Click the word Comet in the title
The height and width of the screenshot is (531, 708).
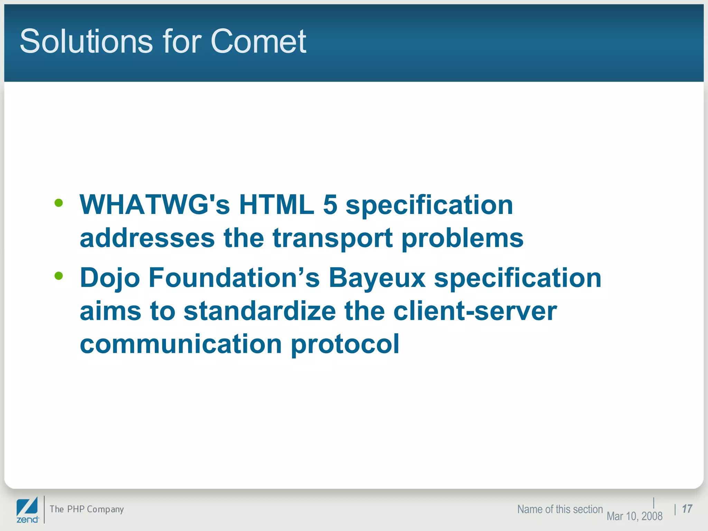coord(258,41)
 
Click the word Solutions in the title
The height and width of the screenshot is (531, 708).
coord(86,41)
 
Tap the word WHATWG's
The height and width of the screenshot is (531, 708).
coord(155,205)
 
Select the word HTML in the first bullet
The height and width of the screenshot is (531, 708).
coord(277,205)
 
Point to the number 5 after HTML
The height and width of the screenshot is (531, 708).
coord(330,205)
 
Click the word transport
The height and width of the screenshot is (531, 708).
coord(333,239)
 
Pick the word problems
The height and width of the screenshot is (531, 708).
coord(463,239)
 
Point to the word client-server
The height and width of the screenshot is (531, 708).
coord(475,311)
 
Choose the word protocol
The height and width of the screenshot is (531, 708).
coord(345,344)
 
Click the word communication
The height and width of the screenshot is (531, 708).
coord(181,344)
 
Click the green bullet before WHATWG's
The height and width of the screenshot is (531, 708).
coord(59,203)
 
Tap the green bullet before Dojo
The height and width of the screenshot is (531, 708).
coord(59,276)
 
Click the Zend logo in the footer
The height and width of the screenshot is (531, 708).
coord(27,510)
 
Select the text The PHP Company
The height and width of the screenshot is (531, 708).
coord(87,509)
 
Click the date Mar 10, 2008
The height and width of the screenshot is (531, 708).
coord(634,516)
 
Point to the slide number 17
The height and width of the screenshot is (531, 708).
coord(687,509)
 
